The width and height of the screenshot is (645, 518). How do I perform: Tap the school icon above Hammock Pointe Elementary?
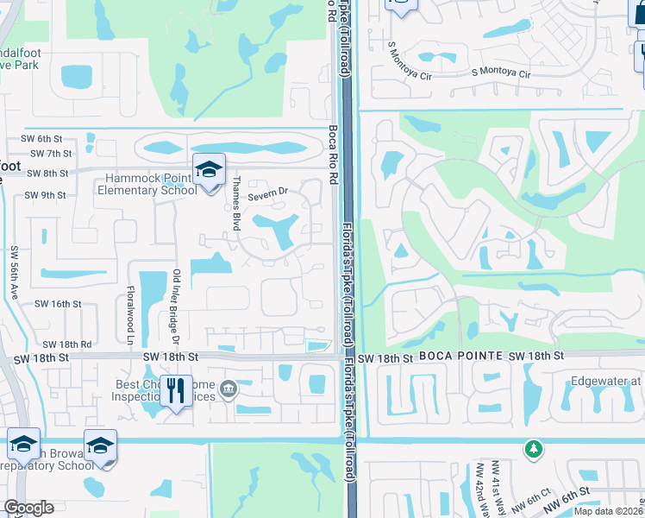click(208, 170)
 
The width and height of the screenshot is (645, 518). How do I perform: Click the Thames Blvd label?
click(235, 201)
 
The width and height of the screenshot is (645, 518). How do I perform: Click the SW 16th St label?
click(58, 305)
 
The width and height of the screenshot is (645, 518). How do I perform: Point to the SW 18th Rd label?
click(63, 344)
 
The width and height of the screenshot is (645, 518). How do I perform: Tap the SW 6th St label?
click(42, 138)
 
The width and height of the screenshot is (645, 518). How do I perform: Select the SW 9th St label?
click(46, 195)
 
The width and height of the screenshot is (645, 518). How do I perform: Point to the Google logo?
click(28, 508)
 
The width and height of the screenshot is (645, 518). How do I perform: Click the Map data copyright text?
click(609, 511)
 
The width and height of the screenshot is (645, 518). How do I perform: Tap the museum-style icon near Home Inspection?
click(228, 388)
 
